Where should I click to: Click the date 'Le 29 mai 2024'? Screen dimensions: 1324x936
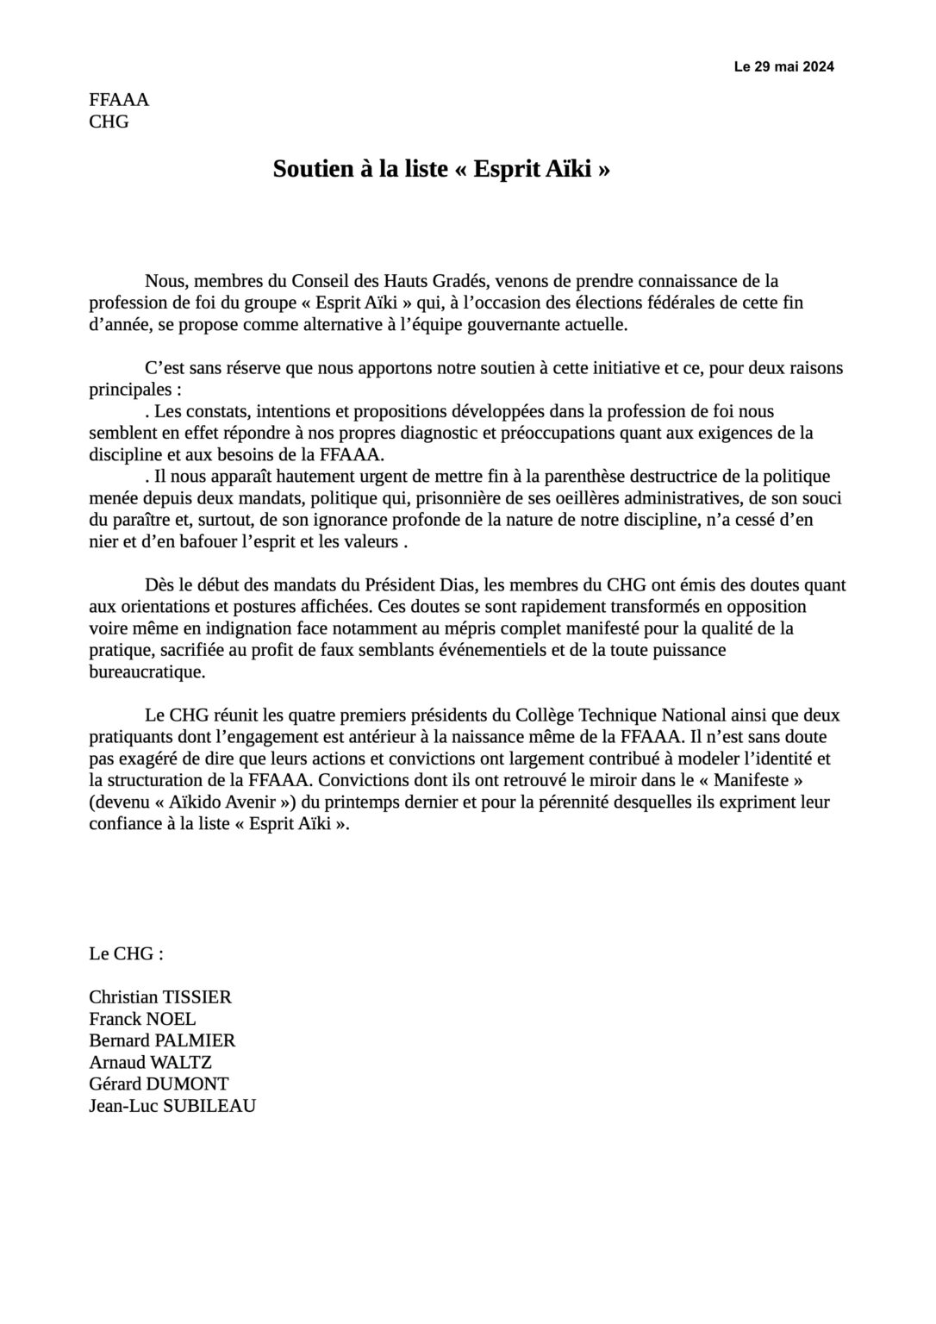click(x=783, y=66)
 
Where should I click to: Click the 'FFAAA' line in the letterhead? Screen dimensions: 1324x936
click(x=119, y=99)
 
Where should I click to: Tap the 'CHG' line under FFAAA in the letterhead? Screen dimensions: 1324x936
click(x=109, y=122)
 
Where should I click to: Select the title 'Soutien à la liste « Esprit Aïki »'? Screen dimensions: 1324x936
click(x=441, y=169)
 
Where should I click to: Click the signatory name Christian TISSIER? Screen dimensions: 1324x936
click(x=160, y=997)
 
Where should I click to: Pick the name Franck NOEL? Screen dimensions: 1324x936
click(x=142, y=1019)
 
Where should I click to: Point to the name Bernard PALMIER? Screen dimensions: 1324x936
click(x=162, y=1040)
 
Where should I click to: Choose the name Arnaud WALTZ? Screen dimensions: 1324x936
click(x=150, y=1062)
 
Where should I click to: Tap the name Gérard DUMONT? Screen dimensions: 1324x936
click(x=159, y=1084)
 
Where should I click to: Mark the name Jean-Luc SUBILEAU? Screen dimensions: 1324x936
click(x=172, y=1106)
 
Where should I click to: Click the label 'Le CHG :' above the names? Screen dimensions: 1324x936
click(x=126, y=953)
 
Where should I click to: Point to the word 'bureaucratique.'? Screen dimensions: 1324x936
click(x=147, y=671)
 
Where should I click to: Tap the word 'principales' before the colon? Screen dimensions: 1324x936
click(x=128, y=390)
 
